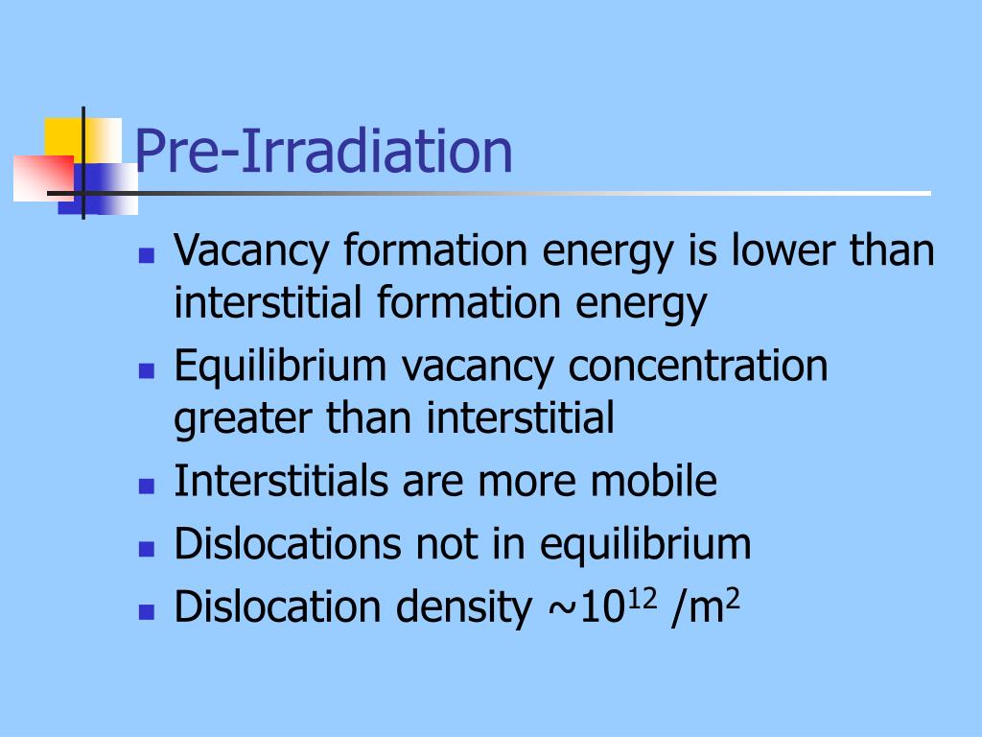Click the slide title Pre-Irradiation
pos(324,151)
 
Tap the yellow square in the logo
pos(64,138)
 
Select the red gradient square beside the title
pos(43,178)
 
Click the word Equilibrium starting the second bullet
pos(280,367)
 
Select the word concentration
pos(698,366)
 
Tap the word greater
pos(243,419)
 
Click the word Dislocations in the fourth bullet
pos(288,543)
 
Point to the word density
pos(463,606)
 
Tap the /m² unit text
pos(705,606)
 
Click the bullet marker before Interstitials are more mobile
pos(147,487)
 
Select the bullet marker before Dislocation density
pos(147,611)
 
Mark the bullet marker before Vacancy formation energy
pos(147,255)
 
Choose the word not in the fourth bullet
pos(447,543)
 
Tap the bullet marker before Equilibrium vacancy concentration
pos(147,371)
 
